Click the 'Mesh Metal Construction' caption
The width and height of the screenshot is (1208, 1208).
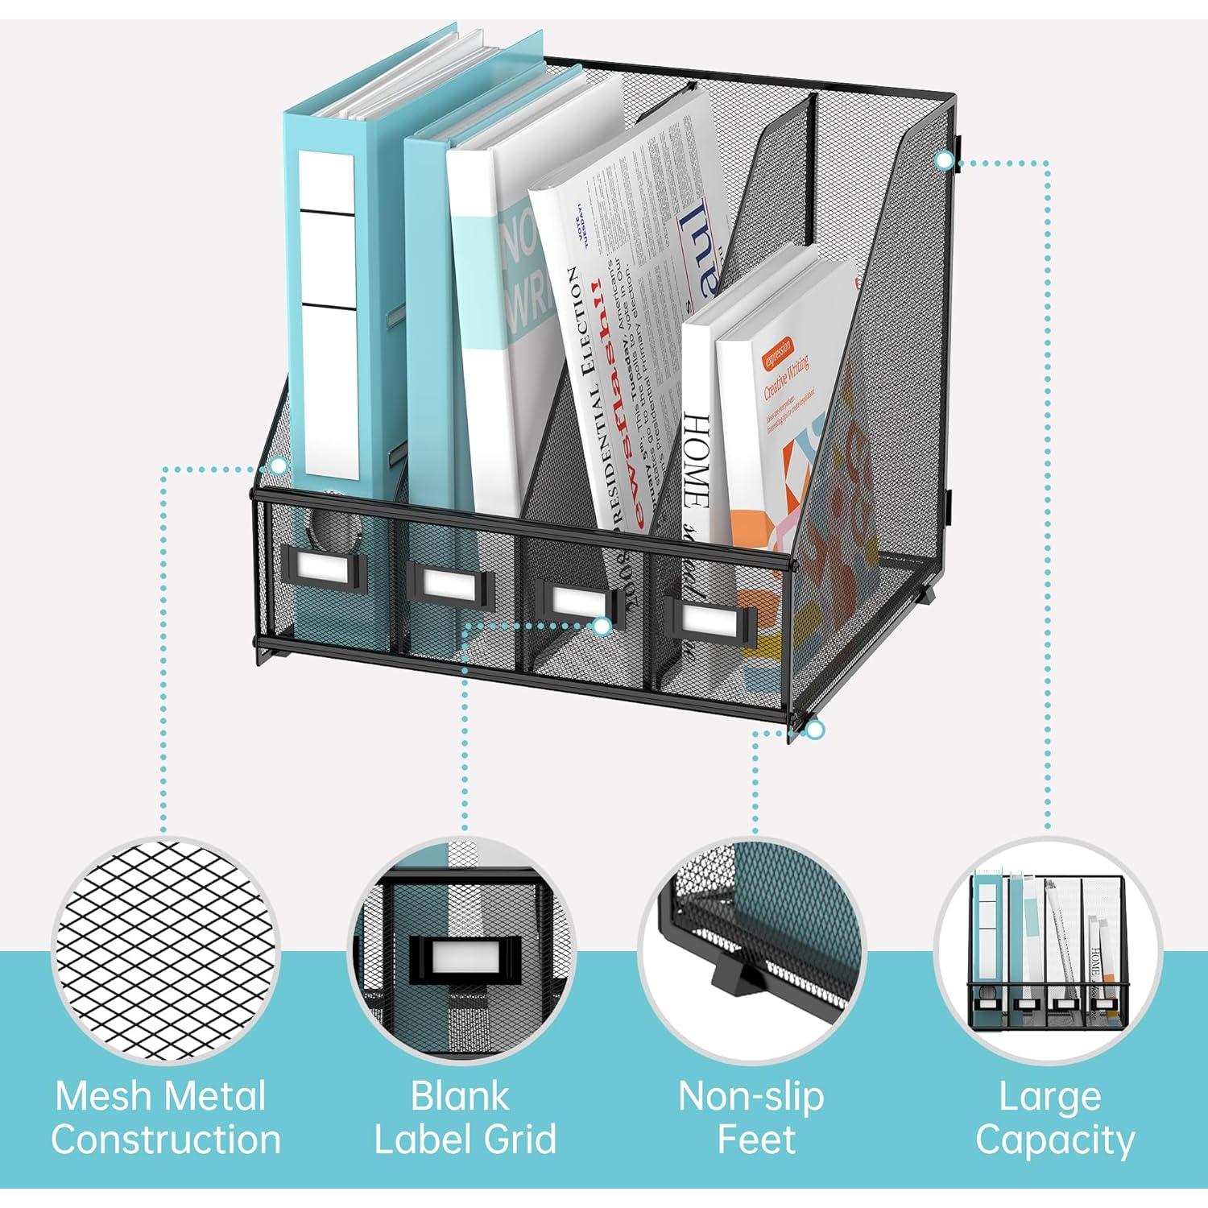(x=165, y=1118)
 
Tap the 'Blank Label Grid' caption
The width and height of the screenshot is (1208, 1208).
(x=465, y=1118)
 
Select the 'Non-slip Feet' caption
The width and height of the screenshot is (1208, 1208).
(x=751, y=1118)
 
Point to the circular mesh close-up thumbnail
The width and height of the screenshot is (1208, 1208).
(x=165, y=950)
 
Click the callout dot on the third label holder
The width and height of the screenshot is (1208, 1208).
(x=602, y=626)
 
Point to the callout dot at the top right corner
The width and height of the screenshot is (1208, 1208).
(x=944, y=161)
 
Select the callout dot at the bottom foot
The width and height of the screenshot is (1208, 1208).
(x=815, y=730)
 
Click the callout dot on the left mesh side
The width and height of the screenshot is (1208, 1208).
(x=279, y=465)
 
